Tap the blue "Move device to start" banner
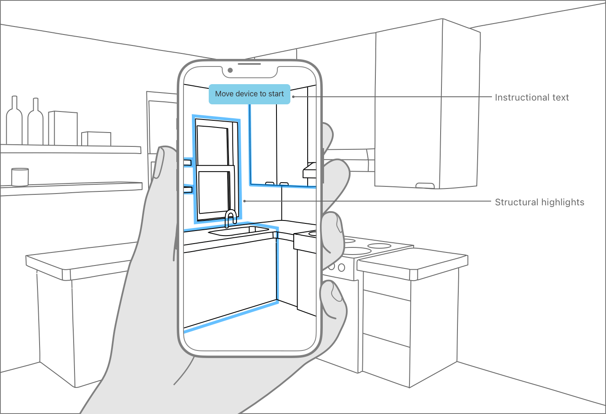(250, 94)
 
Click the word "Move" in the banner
(224, 94)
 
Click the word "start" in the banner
(276, 94)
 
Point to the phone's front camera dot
(230, 70)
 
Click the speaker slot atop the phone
(250, 64)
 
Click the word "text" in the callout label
(561, 98)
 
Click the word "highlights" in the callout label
(563, 202)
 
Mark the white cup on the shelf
(20, 177)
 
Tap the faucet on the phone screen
(230, 218)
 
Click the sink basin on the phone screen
(236, 230)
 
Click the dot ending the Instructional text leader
(293, 97)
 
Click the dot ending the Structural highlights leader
(245, 201)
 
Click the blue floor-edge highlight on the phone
(231, 318)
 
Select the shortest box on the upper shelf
(96, 138)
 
